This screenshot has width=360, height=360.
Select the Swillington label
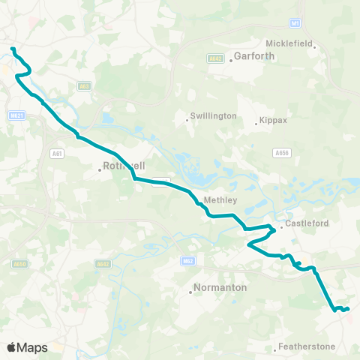tap(214, 116)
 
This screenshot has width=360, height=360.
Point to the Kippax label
tap(273, 120)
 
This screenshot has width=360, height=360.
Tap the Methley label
tap(221, 200)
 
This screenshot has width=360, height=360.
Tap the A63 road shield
tap(85, 86)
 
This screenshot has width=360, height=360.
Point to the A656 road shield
tap(282, 153)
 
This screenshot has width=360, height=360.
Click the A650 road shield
tap(19, 264)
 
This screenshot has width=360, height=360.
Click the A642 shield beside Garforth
tap(214, 57)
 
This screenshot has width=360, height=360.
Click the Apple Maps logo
tap(27, 347)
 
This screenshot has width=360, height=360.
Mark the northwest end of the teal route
tap(12, 49)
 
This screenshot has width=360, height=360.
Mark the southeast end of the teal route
tap(348, 308)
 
